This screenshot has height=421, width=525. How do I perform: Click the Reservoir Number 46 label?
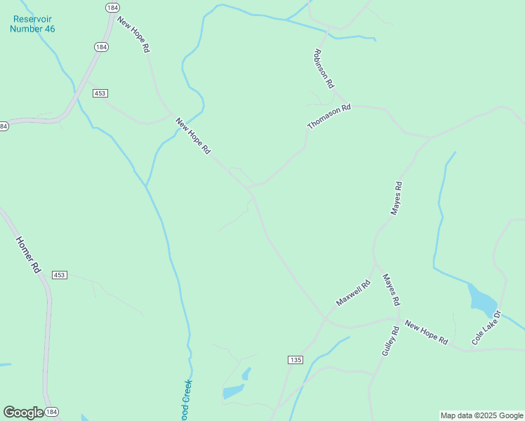click(x=32, y=24)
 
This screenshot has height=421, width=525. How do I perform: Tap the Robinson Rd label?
click(x=321, y=64)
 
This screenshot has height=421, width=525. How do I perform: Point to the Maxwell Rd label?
click(x=353, y=293)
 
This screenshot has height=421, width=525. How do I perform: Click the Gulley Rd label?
click(x=390, y=341)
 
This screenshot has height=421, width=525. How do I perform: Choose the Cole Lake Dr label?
click(x=486, y=327)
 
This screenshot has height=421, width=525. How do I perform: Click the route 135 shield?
click(x=295, y=360)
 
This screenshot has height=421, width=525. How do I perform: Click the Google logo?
click(x=22, y=413)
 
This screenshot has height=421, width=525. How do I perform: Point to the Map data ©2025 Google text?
click(x=481, y=415)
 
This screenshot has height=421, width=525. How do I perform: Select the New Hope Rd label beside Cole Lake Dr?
click(x=426, y=333)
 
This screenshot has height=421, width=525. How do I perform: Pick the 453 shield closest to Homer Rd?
click(x=59, y=275)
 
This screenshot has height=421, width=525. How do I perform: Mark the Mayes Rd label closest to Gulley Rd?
click(x=391, y=289)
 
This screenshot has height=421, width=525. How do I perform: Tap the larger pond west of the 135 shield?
click(x=233, y=392)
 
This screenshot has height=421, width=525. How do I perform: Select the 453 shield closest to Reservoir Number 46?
click(x=99, y=93)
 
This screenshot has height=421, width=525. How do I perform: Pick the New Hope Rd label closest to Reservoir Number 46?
click(x=133, y=35)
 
